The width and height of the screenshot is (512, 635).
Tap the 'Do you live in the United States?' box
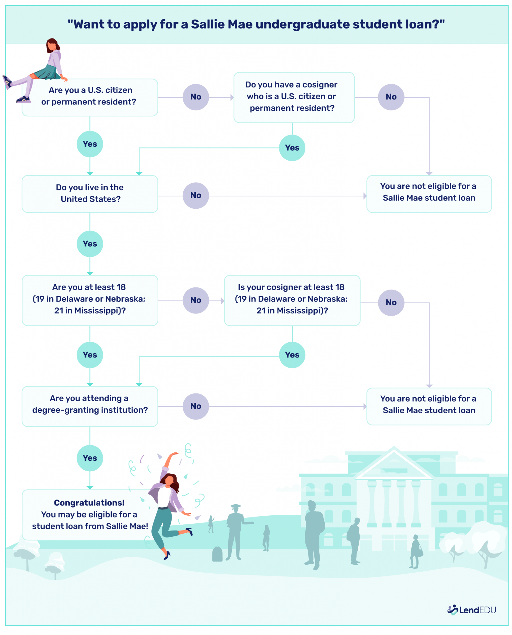tap(90, 193)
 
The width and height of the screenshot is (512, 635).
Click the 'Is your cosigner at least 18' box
tap(292, 300)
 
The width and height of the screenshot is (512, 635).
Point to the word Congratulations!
tap(89, 503)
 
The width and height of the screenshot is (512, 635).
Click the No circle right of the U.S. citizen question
tap(196, 97)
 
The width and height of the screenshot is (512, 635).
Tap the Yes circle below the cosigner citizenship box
tap(292, 148)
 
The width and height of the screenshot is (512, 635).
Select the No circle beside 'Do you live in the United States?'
tap(196, 195)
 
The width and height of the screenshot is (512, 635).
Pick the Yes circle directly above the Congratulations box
tap(90, 458)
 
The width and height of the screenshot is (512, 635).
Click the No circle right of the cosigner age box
tap(391, 303)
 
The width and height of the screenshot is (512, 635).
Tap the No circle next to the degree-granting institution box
tap(196, 406)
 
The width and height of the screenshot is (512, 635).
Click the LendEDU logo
tap(471, 610)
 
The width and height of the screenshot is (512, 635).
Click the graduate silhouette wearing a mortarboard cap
tap(236, 530)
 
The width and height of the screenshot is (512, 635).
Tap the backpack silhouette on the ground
tap(217, 554)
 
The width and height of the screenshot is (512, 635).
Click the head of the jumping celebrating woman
tap(170, 480)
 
